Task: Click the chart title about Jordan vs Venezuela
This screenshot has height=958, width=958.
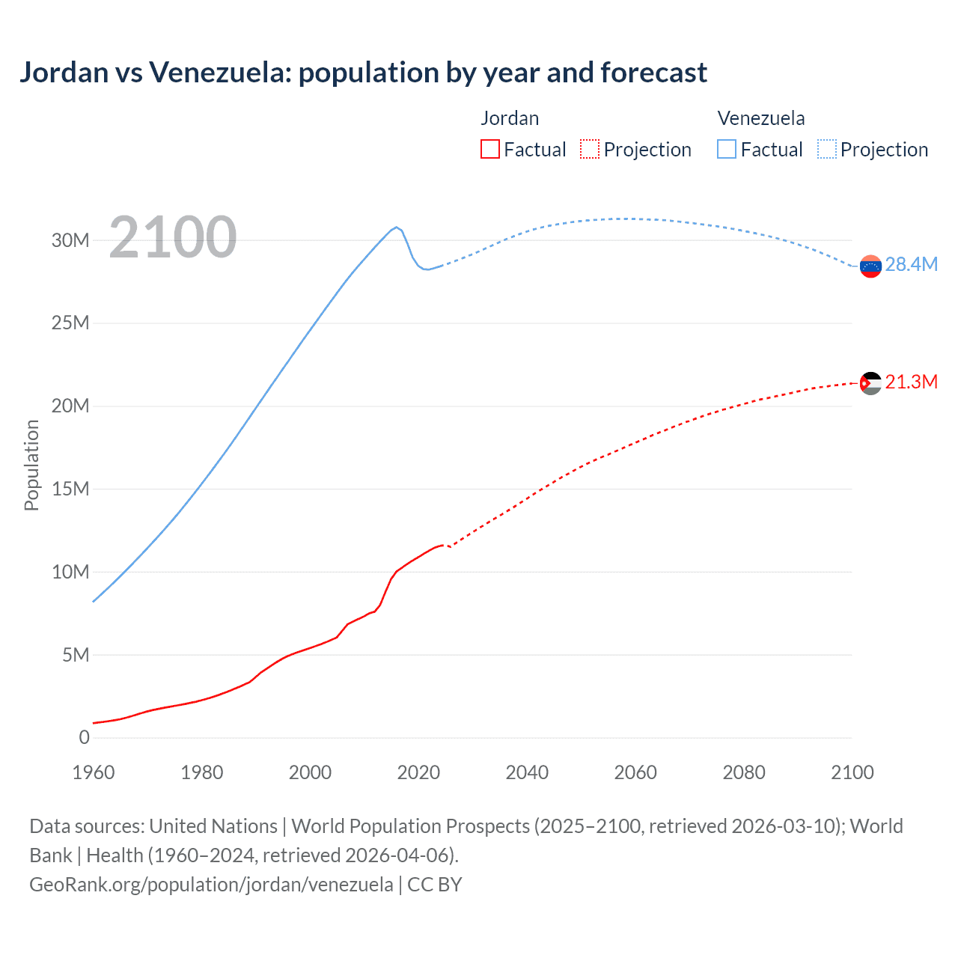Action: (x=363, y=73)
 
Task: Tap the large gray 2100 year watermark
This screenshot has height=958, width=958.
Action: (x=173, y=237)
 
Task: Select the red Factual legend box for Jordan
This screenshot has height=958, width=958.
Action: (x=489, y=149)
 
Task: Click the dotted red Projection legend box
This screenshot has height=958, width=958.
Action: (x=590, y=149)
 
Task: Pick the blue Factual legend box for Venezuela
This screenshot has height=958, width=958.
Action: (x=727, y=149)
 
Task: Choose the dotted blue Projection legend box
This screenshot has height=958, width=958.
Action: (x=827, y=149)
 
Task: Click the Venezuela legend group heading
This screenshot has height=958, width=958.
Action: (x=761, y=118)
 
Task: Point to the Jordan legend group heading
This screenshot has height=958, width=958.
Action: (x=510, y=118)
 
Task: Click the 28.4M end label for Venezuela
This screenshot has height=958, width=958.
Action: (x=911, y=264)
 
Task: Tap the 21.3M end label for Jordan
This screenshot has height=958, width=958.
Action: (x=911, y=382)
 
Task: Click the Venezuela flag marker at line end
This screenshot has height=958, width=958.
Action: (x=870, y=266)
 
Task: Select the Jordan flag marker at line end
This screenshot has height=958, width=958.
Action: (x=870, y=384)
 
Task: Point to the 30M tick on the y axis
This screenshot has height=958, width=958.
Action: (x=70, y=240)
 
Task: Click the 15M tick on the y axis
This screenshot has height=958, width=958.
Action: (x=70, y=489)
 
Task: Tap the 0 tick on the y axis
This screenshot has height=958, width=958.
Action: (x=84, y=737)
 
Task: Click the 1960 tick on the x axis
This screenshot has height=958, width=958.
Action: (x=94, y=772)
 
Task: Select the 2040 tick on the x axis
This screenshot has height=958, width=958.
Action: (x=527, y=772)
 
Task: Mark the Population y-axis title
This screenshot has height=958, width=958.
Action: (x=31, y=465)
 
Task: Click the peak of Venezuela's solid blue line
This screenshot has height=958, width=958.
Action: (x=396, y=227)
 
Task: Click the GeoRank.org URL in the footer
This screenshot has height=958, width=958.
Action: (x=211, y=884)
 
